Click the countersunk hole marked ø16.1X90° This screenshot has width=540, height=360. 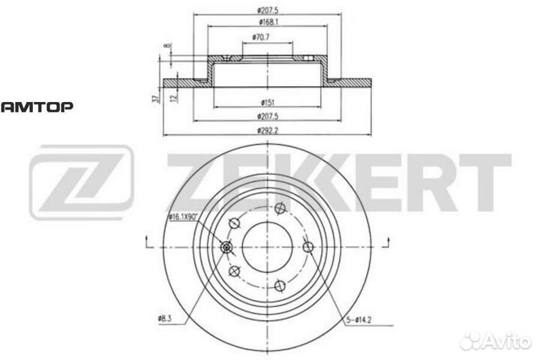(x=227, y=247)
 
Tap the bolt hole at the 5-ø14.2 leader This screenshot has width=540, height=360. (x=307, y=247)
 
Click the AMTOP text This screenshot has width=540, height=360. (x=36, y=106)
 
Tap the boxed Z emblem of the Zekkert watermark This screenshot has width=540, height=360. (x=81, y=182)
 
